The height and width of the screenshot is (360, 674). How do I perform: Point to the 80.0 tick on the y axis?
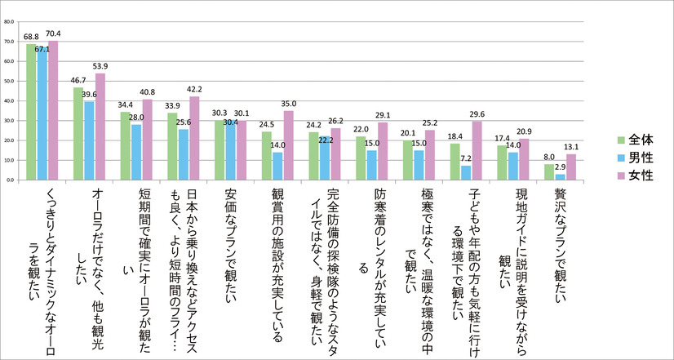pos(8,22)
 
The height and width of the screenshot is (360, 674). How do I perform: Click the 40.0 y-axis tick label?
pos(8,101)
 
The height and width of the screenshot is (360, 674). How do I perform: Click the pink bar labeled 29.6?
pos(477,150)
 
